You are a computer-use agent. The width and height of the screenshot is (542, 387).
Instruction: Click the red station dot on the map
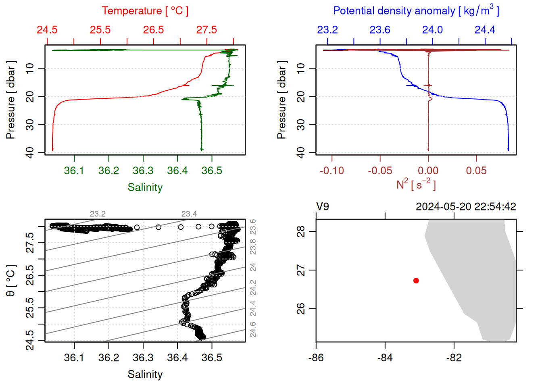(416, 281)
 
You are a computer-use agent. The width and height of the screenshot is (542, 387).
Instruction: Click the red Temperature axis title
(145, 11)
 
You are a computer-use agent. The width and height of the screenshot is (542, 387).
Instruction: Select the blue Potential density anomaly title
(416, 11)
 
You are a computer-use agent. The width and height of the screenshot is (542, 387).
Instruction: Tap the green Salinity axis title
(145, 187)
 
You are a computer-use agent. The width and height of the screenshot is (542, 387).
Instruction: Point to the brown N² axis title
(416, 184)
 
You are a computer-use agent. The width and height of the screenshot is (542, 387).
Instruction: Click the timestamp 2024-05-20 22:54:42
(466, 207)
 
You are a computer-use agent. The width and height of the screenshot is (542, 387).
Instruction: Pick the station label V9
(323, 207)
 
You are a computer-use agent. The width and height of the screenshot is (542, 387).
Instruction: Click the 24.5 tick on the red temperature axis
(47, 30)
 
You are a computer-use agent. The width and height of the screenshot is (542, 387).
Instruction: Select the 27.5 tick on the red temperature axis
(206, 30)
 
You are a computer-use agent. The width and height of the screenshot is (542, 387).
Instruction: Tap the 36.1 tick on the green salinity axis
(74, 171)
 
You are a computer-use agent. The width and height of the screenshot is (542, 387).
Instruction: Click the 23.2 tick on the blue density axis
(327, 30)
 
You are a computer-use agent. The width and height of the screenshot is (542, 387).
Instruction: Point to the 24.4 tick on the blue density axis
(485, 30)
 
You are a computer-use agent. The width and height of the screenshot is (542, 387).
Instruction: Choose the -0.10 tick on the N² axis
(332, 171)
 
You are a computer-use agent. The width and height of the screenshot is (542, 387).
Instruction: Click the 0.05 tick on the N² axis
(476, 171)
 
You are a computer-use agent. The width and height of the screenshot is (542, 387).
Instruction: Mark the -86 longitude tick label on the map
(316, 358)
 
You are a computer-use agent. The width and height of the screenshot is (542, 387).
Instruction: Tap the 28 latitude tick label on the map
(301, 231)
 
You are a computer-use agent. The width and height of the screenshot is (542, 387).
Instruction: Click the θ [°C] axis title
(10, 281)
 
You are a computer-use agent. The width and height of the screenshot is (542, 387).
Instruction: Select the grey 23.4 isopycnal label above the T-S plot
(189, 214)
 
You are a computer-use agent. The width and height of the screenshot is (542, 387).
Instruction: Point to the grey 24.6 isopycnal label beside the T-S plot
(253, 329)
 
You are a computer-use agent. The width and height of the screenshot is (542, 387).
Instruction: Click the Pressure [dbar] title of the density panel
(281, 100)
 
